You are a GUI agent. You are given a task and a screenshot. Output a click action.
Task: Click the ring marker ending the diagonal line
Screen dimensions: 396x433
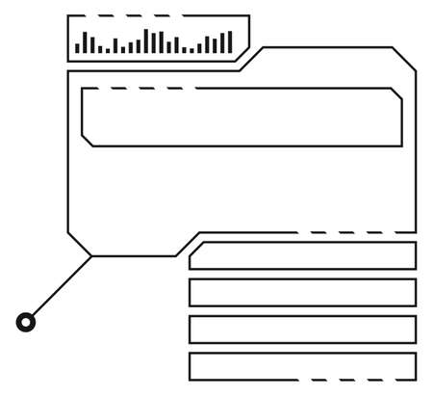pos(26,323)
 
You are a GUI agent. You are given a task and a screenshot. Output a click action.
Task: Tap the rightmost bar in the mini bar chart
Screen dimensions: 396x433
pos(229,41)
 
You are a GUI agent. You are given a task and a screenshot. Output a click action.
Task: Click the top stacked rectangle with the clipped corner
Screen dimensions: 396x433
pos(302,255)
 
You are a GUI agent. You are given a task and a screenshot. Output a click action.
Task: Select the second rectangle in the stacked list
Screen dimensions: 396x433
pos(302,292)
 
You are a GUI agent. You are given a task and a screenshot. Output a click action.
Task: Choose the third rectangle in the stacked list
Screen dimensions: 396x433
pos(302,330)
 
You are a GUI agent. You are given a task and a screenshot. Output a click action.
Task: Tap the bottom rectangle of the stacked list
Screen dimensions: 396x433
pos(302,366)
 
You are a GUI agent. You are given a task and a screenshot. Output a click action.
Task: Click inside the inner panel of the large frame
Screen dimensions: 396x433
pos(241,118)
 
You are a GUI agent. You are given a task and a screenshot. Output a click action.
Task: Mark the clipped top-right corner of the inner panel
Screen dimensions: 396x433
pos(396,93)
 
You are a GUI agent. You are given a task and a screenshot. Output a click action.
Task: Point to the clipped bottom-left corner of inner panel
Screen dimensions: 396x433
pos(87,141)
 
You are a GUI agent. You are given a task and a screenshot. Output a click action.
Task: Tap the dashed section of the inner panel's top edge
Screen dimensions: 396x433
pos(144,89)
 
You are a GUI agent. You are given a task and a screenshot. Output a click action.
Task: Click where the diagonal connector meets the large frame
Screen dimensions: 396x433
pos(91,256)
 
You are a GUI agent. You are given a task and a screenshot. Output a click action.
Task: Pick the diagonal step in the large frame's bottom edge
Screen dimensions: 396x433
pos(188,244)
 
